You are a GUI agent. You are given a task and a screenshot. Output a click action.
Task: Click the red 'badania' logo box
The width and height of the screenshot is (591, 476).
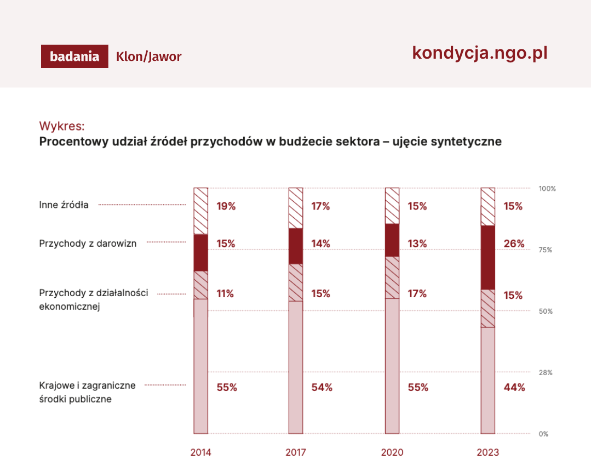(x=74, y=56)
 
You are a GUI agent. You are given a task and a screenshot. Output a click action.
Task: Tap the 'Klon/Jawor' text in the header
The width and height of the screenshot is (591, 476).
(x=148, y=56)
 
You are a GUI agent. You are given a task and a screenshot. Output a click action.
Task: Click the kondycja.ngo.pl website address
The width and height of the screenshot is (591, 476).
(x=479, y=53)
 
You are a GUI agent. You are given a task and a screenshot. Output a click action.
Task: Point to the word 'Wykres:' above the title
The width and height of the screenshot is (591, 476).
(x=62, y=126)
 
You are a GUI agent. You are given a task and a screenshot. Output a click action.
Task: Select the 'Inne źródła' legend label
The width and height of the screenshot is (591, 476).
(x=64, y=205)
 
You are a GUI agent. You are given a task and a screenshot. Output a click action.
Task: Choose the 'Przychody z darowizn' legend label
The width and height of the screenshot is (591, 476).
(x=88, y=243)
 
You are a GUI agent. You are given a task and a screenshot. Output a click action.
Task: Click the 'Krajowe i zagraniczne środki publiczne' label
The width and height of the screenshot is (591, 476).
(x=87, y=392)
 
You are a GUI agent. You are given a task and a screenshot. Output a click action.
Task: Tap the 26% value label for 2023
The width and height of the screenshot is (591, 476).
(x=514, y=243)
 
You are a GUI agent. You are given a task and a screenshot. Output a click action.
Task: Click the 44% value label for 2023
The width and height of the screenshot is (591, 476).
(x=514, y=387)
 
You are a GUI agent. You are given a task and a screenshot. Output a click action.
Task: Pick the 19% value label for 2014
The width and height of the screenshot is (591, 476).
(x=226, y=206)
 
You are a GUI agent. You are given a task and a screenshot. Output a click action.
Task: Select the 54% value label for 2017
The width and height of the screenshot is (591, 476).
(x=322, y=387)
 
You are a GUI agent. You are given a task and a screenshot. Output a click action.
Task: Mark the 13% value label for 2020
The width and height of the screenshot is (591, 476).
(x=417, y=243)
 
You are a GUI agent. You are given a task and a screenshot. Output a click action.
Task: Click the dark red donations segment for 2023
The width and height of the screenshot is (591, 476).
(x=487, y=257)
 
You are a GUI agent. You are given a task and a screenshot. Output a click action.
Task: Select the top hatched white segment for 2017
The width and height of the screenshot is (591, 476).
(x=296, y=208)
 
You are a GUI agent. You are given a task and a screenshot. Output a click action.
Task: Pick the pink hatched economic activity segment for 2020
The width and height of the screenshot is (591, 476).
(x=392, y=277)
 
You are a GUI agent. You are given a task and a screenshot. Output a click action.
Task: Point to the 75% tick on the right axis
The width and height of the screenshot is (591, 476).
(x=546, y=250)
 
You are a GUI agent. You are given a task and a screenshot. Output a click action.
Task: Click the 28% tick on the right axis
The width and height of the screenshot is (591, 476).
(x=546, y=372)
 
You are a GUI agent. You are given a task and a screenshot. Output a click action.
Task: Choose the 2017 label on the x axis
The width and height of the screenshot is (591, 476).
(x=296, y=452)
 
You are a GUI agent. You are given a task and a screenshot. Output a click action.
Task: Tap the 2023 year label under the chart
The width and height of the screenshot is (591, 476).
(x=487, y=452)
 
